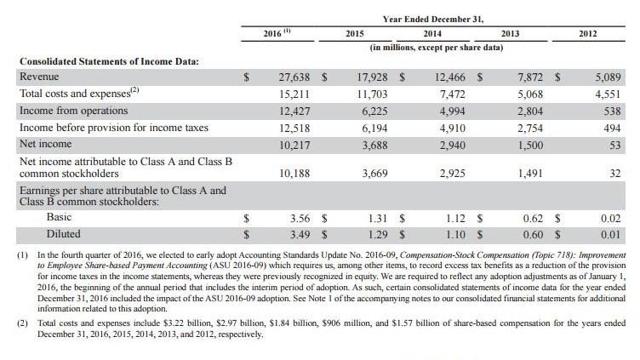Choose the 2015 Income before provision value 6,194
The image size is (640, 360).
380,126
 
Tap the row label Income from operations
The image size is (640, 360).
72,109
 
